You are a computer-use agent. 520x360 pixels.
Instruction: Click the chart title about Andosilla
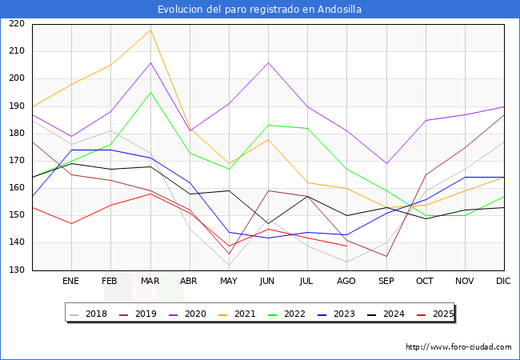tap(259, 10)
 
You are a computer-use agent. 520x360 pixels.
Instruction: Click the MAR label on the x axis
tap(150, 282)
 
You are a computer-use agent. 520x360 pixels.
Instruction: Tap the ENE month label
tap(71, 282)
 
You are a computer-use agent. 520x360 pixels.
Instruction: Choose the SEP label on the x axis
tap(386, 282)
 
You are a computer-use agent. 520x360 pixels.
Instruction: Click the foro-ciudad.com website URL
tap(458, 347)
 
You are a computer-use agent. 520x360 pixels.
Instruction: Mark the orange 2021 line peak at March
tap(150, 30)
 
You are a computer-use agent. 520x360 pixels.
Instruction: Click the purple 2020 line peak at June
tap(268, 62)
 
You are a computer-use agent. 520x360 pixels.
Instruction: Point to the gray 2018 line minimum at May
tap(229, 265)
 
